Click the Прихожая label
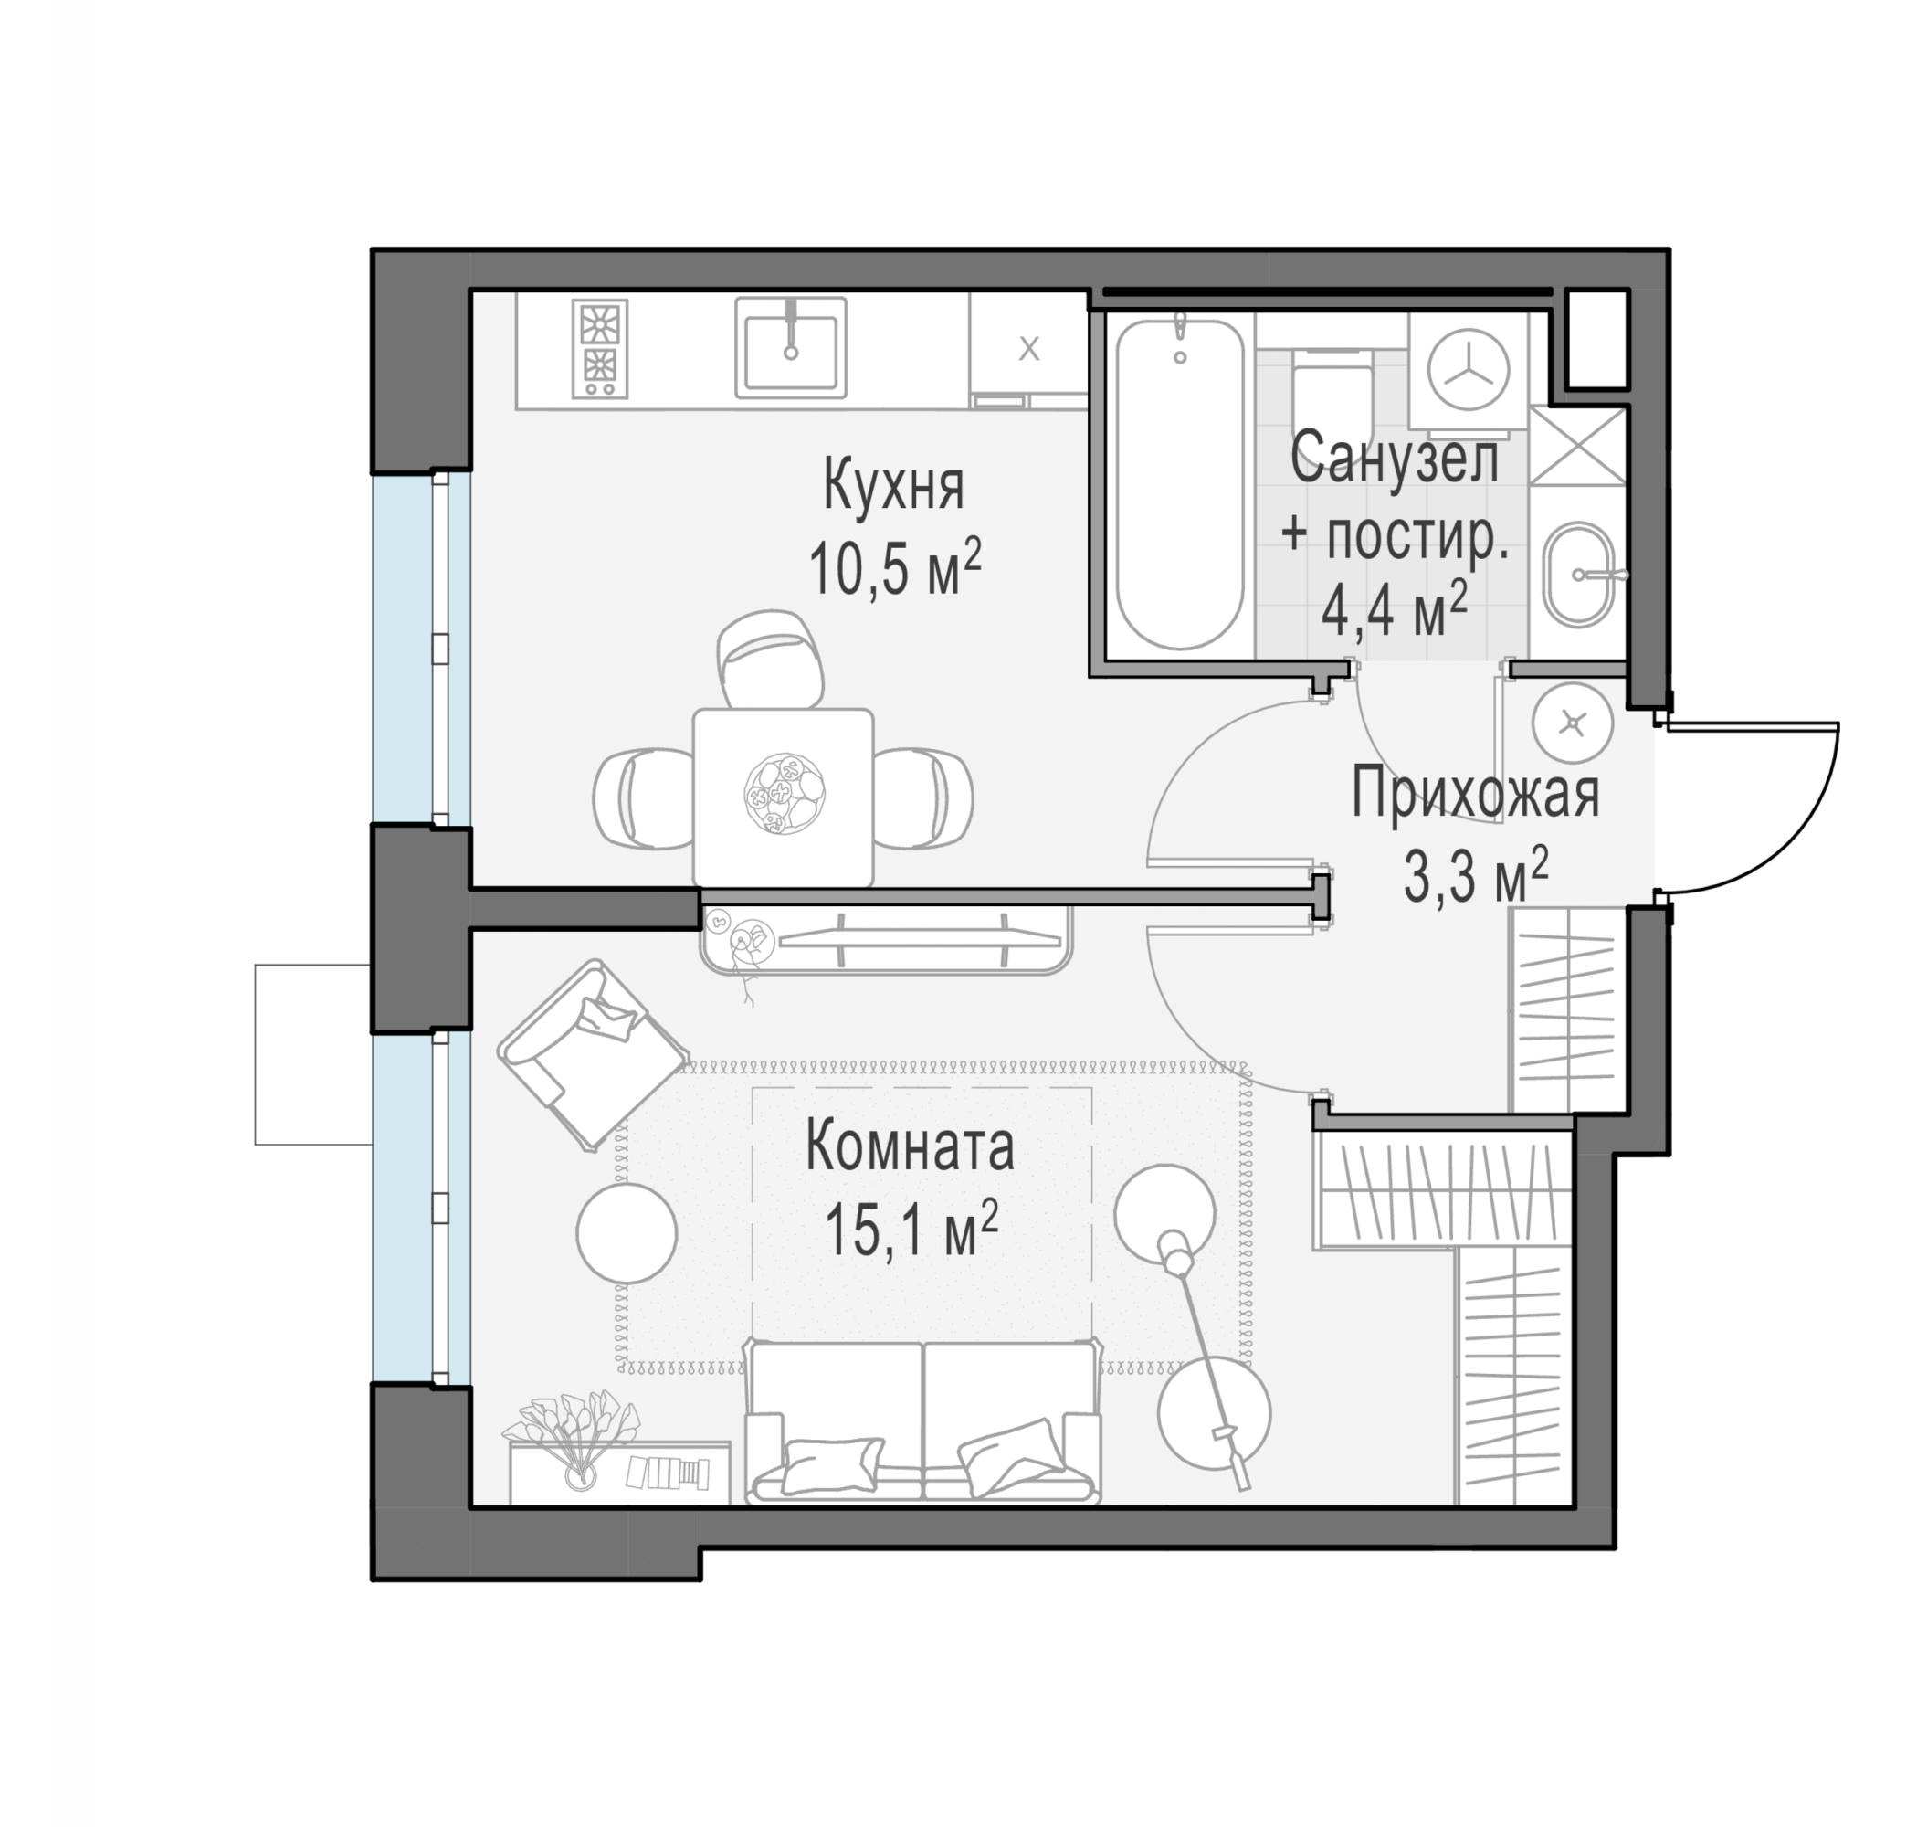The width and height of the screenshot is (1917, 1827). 1475,793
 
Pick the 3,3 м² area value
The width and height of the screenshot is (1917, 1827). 1475,874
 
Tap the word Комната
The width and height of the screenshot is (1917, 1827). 910,1146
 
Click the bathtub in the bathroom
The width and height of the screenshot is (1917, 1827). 1179,483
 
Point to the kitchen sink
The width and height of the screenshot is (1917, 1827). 791,347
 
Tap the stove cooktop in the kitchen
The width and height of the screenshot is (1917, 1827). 600,348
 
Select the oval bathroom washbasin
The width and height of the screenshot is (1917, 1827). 1578,575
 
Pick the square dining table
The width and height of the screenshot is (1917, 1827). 783,796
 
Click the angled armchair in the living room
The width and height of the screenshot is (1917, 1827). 592,1055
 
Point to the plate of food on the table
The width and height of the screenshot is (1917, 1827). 785,794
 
